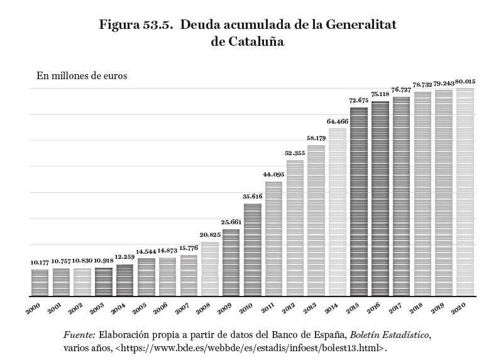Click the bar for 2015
tap(358, 201)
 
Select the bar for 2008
tap(209, 268)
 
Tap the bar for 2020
tap(465, 192)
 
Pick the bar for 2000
tap(40, 282)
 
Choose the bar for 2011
tap(273, 238)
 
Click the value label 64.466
tap(337, 121)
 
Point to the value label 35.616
tap(252, 197)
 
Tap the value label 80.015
tap(465, 81)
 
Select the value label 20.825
tap(209, 235)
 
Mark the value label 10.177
tap(40, 262)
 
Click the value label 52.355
tap(294, 153)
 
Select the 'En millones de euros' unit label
tap(82, 76)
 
